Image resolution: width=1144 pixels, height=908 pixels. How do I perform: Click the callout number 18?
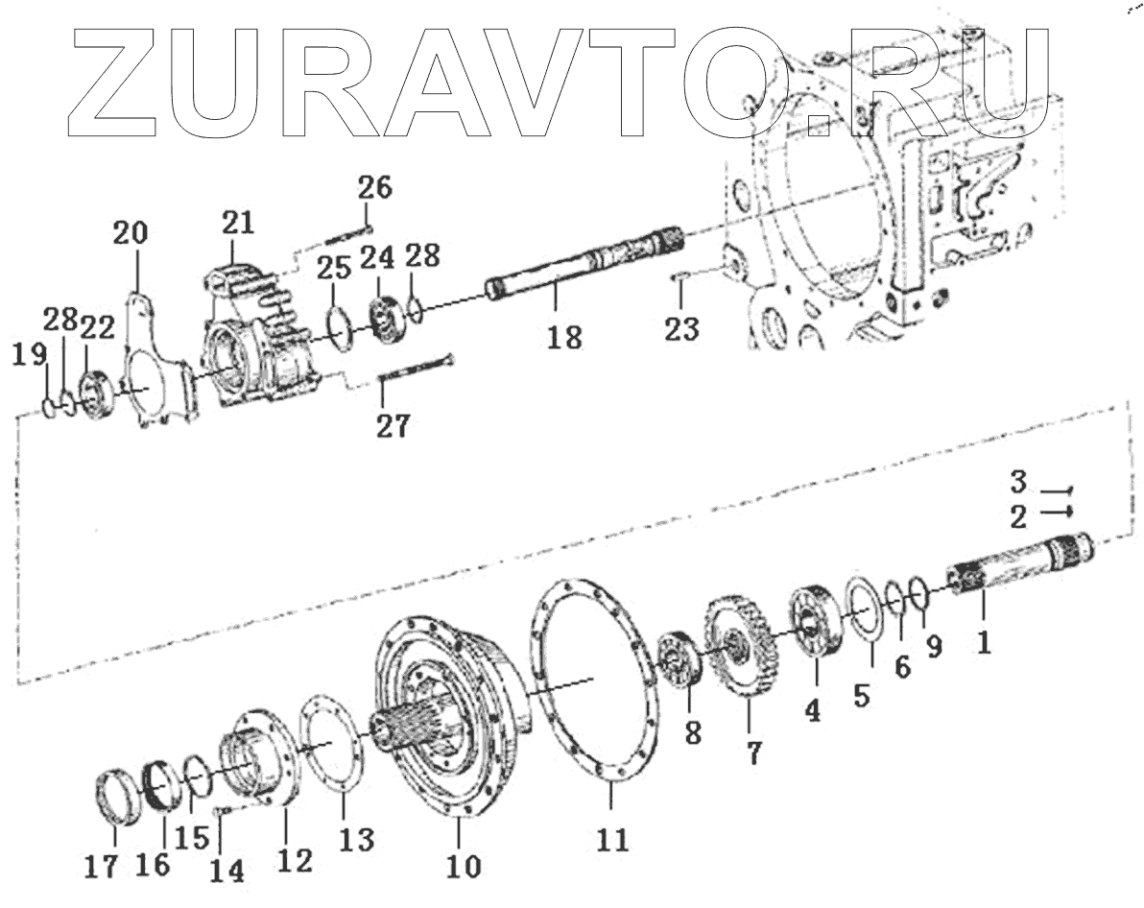click(x=566, y=337)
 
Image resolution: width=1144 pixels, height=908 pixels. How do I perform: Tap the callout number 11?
click(x=613, y=841)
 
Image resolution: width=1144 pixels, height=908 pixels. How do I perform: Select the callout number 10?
click(x=464, y=866)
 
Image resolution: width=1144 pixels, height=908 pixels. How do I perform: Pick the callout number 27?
click(x=392, y=426)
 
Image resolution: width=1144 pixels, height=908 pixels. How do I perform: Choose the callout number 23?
click(x=683, y=328)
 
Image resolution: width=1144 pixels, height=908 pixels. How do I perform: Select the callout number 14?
click(x=227, y=871)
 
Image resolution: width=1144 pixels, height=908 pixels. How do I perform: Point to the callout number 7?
click(x=753, y=753)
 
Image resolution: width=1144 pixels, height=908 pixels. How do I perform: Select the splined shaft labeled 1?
click(x=1017, y=570)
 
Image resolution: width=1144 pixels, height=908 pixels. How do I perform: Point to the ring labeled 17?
click(x=121, y=797)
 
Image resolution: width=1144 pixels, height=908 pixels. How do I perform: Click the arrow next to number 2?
click(x=1055, y=513)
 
